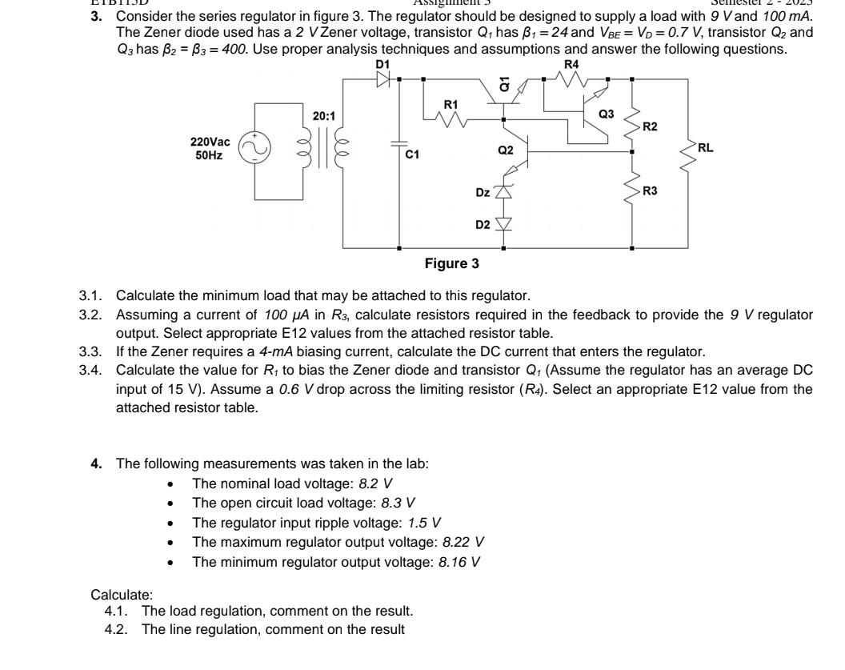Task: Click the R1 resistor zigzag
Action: tap(451, 119)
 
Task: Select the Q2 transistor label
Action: tap(505, 149)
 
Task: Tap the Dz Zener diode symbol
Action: tap(503, 191)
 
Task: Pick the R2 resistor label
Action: tap(650, 127)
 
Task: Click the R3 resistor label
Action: tap(650, 191)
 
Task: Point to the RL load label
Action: tap(705, 147)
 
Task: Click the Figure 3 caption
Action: tap(452, 263)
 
